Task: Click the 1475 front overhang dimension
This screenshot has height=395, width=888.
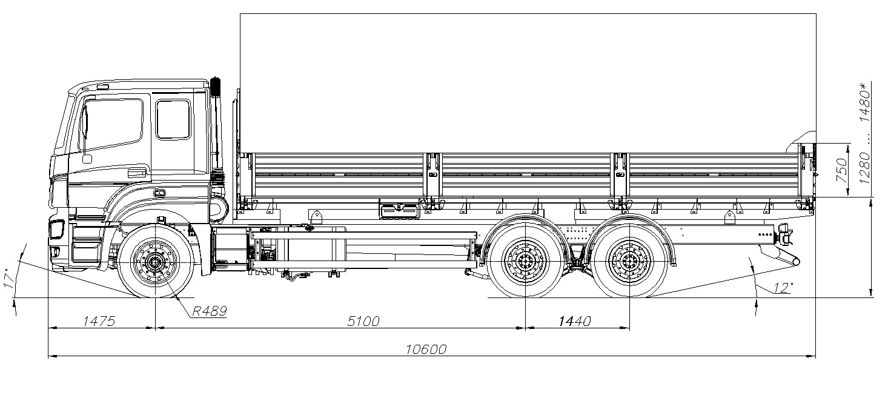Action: [99, 321]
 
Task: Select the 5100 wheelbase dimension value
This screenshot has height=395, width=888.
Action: [363, 321]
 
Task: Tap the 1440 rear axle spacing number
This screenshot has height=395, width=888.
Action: [575, 321]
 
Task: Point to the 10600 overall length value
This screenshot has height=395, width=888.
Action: [426, 349]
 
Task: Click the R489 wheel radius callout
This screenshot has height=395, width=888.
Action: [210, 311]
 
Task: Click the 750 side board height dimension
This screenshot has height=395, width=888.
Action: [841, 170]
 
